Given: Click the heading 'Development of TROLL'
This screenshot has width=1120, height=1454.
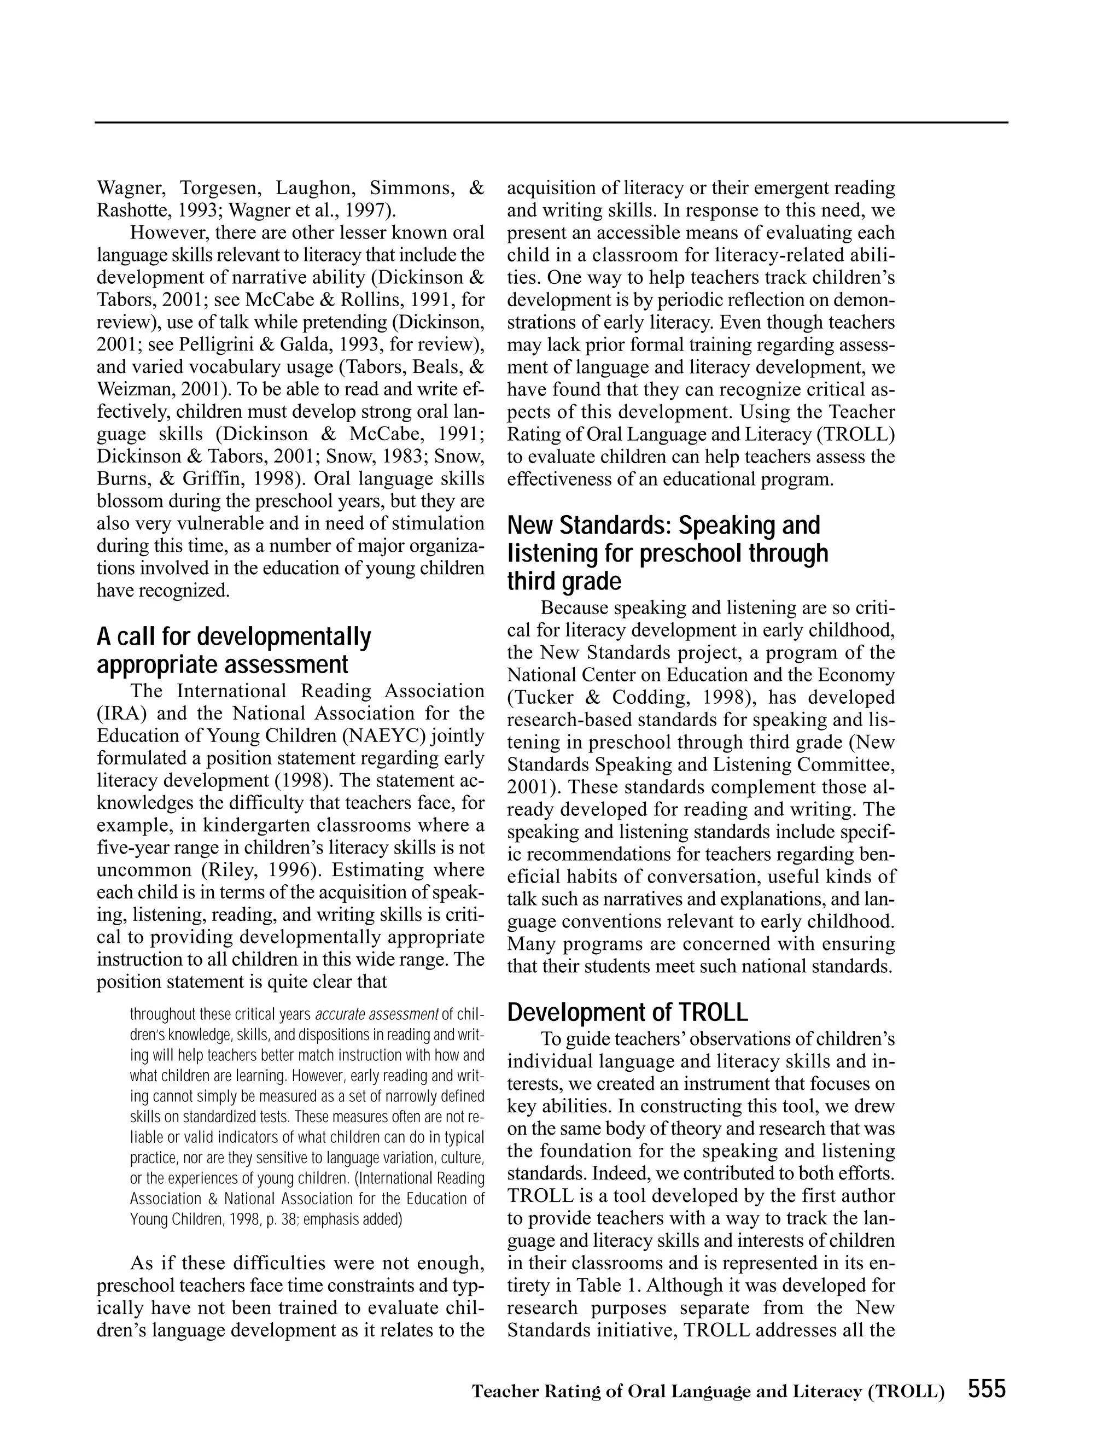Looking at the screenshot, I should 627,1013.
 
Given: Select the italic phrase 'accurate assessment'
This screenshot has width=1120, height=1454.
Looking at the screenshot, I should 376,1014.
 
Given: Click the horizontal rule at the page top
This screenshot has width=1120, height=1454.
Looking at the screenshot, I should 551,122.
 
